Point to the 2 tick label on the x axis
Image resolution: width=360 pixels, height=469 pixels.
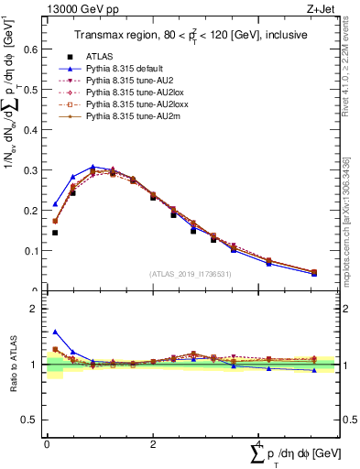[x=152, y=443]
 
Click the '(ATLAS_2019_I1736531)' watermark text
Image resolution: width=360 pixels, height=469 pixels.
[x=189, y=273]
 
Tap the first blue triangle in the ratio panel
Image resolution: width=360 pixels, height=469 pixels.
[x=55, y=332]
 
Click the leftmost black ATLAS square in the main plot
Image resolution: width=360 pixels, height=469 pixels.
[x=55, y=233]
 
